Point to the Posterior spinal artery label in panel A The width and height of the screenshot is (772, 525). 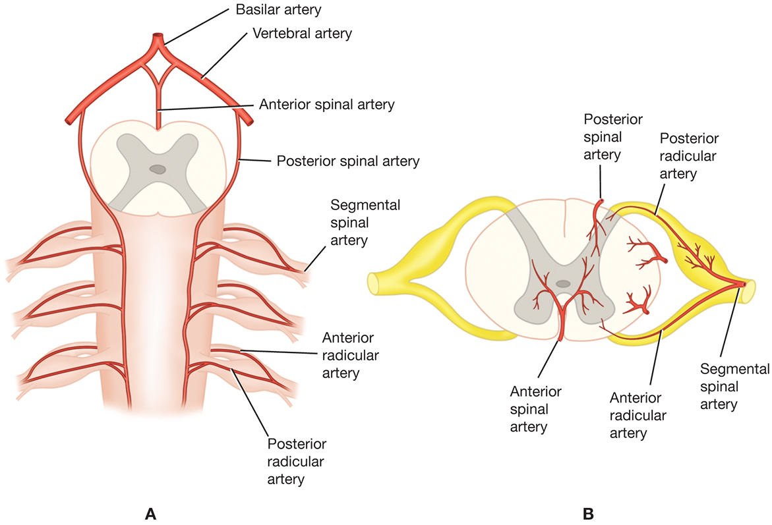point(347,160)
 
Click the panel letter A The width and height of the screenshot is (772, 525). point(150,512)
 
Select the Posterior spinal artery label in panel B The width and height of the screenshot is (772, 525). point(613,136)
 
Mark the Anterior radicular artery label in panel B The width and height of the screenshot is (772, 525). point(638,415)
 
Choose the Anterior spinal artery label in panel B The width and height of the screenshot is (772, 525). point(535,409)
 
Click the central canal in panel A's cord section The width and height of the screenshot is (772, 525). point(158,169)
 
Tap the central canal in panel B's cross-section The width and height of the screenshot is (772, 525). point(562,283)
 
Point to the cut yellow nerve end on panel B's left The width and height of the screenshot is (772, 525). point(374,283)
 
